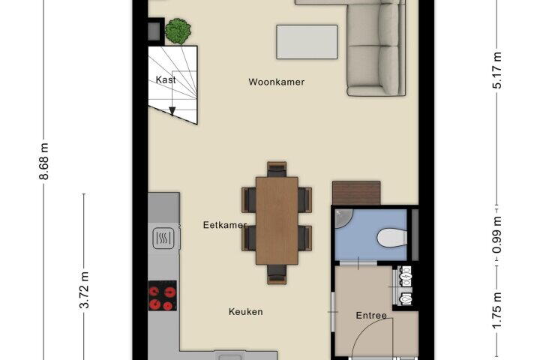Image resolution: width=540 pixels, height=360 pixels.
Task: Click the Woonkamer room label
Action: pos(277,82)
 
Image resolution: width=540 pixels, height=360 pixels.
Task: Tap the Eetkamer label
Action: pos(224,225)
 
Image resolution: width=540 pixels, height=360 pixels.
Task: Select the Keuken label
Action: pos(246,312)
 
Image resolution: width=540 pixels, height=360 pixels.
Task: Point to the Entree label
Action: pos(371,316)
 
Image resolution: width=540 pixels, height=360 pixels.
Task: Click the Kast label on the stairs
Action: pos(166,80)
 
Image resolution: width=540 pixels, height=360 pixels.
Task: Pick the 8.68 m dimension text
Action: pos(44,161)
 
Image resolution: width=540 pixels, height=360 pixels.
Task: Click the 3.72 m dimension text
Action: pos(84,290)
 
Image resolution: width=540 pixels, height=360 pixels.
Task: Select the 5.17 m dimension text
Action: pos(497,70)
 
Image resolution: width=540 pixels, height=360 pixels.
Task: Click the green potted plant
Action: pos(178,31)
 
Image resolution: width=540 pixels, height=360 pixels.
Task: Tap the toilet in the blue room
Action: pos(392,238)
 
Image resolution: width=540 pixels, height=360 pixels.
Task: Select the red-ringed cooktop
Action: pos(163,295)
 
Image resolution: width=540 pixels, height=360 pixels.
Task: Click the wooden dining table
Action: pos(277,220)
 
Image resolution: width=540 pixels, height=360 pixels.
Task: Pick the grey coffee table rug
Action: pos(307,42)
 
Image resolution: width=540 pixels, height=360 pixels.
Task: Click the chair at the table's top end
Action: pos(277,169)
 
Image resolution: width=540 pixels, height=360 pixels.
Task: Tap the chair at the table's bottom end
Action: pos(277,274)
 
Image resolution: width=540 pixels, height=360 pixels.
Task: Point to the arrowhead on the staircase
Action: pos(172,111)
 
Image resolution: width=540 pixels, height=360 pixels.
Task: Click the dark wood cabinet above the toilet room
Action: pos(356,193)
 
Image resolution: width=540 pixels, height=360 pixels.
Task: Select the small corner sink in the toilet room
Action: pos(343,218)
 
